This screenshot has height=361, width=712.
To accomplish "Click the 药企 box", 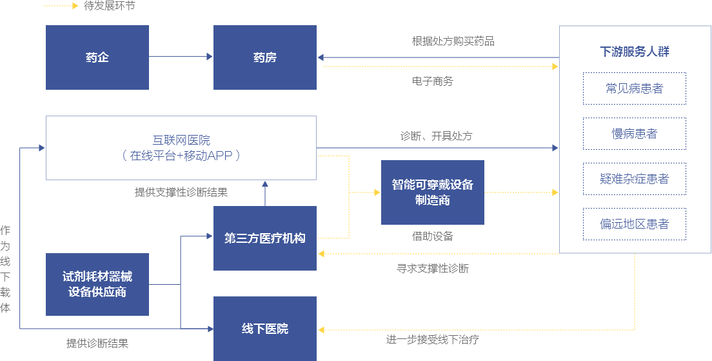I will (x=97, y=57).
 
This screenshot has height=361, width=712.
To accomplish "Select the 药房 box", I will (x=265, y=57).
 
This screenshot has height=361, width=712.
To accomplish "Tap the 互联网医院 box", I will (x=181, y=147).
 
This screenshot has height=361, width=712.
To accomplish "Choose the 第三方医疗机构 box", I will (x=265, y=238).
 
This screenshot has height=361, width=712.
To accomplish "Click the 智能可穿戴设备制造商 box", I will (x=433, y=192).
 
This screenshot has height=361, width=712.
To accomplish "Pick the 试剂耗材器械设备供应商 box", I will (x=97, y=284).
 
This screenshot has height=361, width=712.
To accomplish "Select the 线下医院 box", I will (x=265, y=329).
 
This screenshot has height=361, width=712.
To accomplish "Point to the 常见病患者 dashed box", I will (x=635, y=88).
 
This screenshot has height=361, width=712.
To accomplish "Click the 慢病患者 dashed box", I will (x=635, y=134).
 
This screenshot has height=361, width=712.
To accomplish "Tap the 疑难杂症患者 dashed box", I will (x=635, y=179).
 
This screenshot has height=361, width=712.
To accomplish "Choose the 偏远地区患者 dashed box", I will (x=635, y=224).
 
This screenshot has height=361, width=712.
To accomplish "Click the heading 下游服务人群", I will (x=635, y=52).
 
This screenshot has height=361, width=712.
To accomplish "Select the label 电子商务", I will (x=433, y=81).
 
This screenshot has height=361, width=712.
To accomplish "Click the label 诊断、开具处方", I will (x=437, y=136).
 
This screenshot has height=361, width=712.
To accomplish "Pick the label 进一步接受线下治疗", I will (x=433, y=340).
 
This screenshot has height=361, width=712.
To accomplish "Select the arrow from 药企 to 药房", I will (x=181, y=57).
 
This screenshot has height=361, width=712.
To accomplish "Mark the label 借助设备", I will (x=433, y=236).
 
